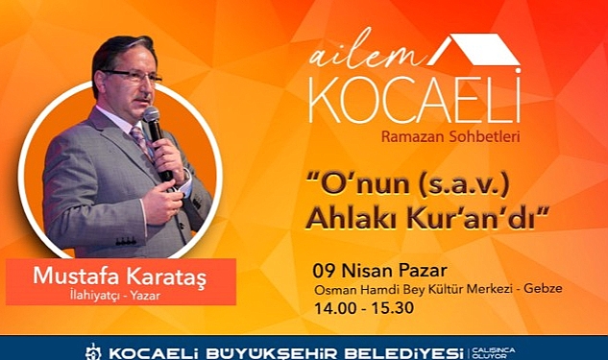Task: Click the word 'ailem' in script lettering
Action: [365, 53]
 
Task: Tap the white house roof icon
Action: [474, 49]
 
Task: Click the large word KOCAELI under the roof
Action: [415, 98]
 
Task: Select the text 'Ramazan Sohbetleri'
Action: [450, 136]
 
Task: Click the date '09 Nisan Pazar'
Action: [379, 271]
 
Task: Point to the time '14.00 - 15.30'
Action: [364, 308]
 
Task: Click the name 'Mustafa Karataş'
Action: [120, 276]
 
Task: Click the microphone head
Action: [151, 114]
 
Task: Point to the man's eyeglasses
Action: [132, 76]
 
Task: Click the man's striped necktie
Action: [140, 139]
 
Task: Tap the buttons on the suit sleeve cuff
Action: [126, 241]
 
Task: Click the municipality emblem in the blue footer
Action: [93, 352]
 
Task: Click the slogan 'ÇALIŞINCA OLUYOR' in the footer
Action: [494, 352]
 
